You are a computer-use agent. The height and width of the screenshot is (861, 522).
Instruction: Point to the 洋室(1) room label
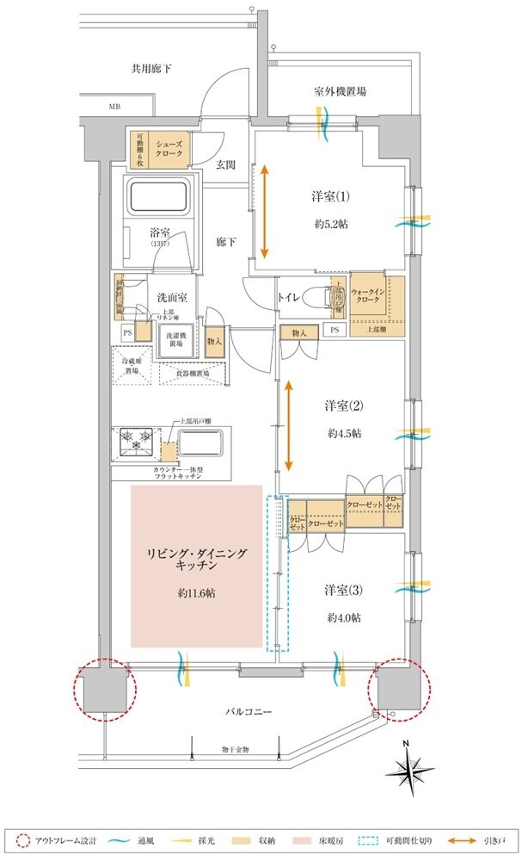(x=331, y=197)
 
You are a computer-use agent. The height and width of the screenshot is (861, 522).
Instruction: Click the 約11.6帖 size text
(x=197, y=594)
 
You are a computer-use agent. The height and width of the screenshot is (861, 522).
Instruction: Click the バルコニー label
(x=250, y=714)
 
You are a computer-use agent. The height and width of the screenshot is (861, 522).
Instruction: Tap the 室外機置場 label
(x=339, y=90)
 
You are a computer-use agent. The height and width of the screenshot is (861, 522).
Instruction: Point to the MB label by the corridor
(x=114, y=107)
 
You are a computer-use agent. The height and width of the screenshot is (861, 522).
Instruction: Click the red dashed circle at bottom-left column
(x=106, y=688)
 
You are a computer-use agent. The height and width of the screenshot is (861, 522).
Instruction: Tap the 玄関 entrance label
(x=226, y=164)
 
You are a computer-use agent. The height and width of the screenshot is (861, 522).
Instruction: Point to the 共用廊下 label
(x=150, y=67)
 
